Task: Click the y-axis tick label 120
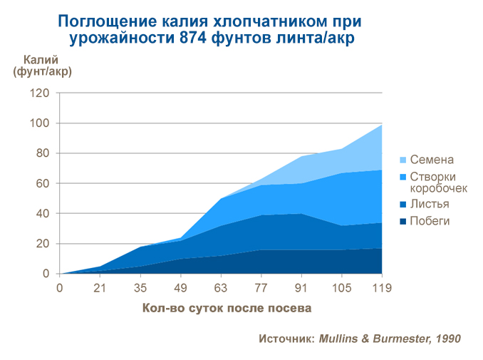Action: (x=41, y=93)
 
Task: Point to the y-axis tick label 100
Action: (x=41, y=123)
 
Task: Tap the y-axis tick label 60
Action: (x=43, y=183)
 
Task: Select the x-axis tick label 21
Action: (x=100, y=289)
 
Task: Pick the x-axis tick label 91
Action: (x=301, y=289)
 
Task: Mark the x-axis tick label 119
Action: (x=383, y=289)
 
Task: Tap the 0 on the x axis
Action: (x=60, y=289)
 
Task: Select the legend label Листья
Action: (x=430, y=205)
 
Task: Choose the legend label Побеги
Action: (x=430, y=221)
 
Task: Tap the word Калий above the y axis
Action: (x=41, y=59)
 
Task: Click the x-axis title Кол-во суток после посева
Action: (x=227, y=309)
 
